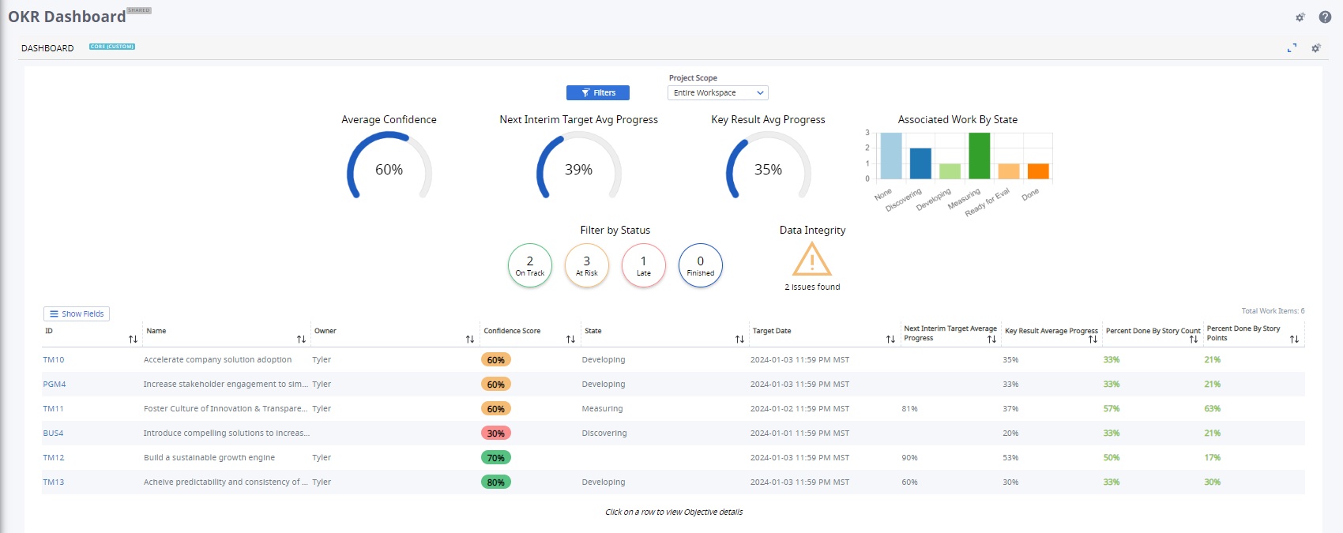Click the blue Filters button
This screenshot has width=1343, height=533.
coord(597,92)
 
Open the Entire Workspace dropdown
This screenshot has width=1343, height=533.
coord(717,92)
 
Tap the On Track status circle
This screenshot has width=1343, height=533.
coord(529,265)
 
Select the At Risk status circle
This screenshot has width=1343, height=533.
coord(586,265)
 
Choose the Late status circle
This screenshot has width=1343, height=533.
coord(643,265)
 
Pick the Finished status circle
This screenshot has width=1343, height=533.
coord(700,265)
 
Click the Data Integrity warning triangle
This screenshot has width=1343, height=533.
coord(811,259)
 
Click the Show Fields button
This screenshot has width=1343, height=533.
coord(76,313)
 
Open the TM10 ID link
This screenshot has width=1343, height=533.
coord(54,359)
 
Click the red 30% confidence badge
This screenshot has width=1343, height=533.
coord(496,433)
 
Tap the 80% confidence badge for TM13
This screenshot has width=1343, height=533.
coord(496,482)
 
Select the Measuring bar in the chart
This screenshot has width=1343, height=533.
coord(979,156)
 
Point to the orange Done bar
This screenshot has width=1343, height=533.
coord(1037,171)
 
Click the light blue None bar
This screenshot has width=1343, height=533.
coord(890,156)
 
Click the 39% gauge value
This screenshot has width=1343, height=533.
coord(578,170)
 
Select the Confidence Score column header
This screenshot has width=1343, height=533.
coord(512,331)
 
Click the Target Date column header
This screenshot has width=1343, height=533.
coord(771,331)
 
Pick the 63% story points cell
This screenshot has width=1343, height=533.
coord(1212,408)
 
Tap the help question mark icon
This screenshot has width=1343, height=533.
coord(1325,17)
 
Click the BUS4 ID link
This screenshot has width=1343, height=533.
coord(53,433)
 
